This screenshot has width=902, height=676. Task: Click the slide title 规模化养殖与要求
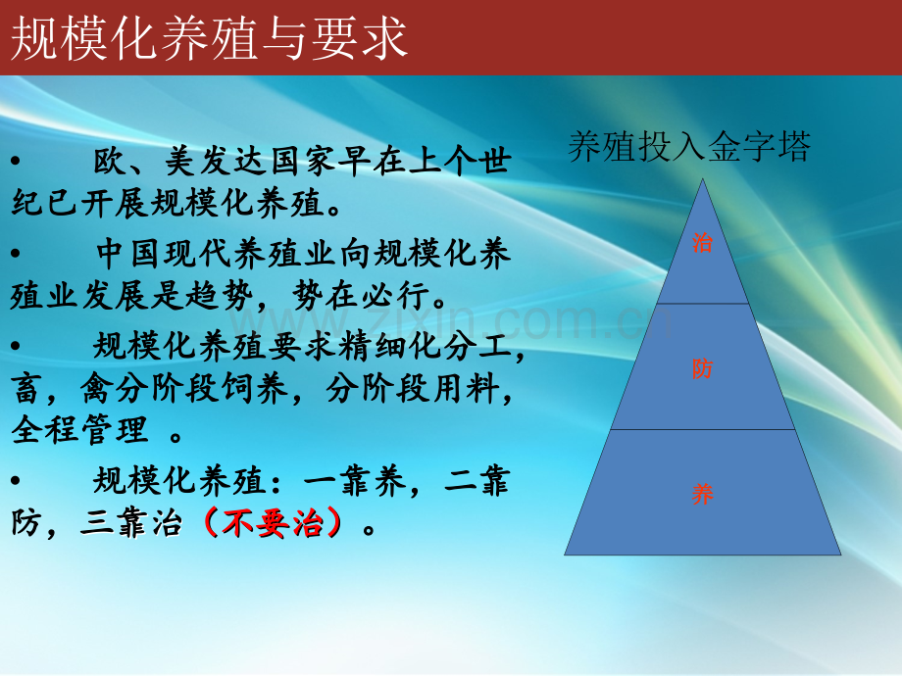click(x=210, y=39)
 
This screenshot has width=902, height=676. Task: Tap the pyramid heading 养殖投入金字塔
click(x=689, y=147)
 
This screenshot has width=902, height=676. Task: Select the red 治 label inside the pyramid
click(x=702, y=243)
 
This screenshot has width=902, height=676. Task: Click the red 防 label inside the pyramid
click(x=702, y=368)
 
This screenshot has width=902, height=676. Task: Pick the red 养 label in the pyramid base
click(x=702, y=494)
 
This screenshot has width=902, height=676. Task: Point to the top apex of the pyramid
click(x=702, y=178)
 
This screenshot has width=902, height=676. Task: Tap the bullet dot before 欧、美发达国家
click(x=16, y=161)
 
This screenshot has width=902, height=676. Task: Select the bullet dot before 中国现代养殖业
click(x=16, y=253)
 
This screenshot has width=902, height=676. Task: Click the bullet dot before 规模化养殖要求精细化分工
click(x=16, y=346)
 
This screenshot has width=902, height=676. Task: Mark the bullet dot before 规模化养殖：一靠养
click(x=16, y=480)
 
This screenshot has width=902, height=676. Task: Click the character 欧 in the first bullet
click(x=110, y=161)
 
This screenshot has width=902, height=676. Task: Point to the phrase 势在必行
click(x=361, y=296)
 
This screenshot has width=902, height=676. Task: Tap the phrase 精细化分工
click(x=424, y=346)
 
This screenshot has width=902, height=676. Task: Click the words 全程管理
click(x=79, y=430)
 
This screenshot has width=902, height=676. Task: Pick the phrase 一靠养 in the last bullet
click(x=355, y=481)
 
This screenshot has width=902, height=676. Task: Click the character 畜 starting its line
click(x=26, y=389)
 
